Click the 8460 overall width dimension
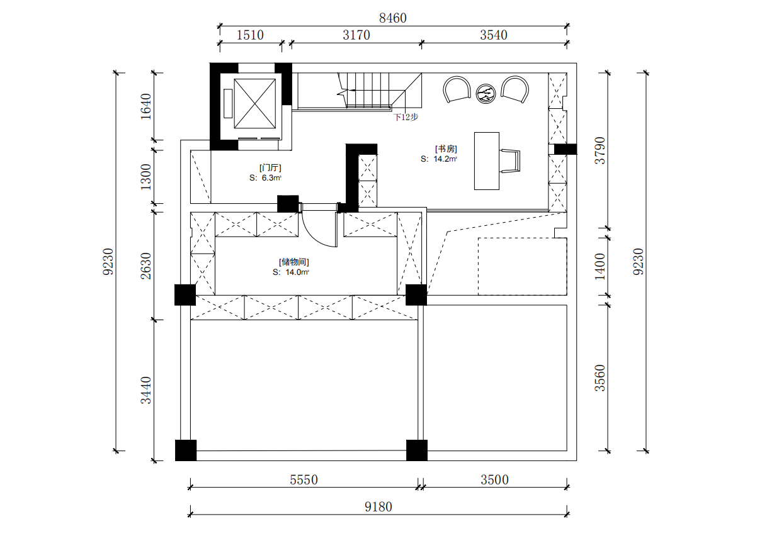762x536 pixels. pyautogui.click(x=392, y=18)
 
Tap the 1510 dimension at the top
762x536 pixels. pyautogui.click(x=250, y=35)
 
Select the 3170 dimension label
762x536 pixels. pyautogui.click(x=356, y=35)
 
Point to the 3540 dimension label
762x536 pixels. pyautogui.click(x=494, y=35)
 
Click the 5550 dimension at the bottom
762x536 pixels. pyautogui.click(x=304, y=480)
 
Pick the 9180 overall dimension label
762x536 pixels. pyautogui.click(x=378, y=507)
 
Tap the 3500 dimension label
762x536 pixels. pyautogui.click(x=494, y=480)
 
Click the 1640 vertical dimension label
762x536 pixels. pyautogui.click(x=146, y=106)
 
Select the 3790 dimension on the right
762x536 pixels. pyautogui.click(x=600, y=150)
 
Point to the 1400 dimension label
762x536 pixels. pyautogui.click(x=600, y=267)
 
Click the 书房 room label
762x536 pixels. pyautogui.click(x=446, y=149)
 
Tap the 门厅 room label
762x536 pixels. pyautogui.click(x=270, y=168)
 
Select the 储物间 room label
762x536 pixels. pyautogui.click(x=294, y=262)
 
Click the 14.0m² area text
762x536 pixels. pyautogui.click(x=297, y=272)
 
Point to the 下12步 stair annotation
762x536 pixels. pyautogui.click(x=406, y=117)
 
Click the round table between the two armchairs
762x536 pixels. pyautogui.click(x=486, y=94)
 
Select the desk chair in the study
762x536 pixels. pyautogui.click(x=510, y=161)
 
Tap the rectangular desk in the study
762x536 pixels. pyautogui.click(x=487, y=161)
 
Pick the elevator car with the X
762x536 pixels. pyautogui.click(x=255, y=104)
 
